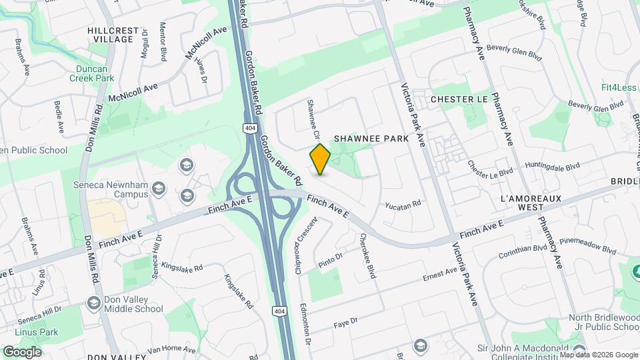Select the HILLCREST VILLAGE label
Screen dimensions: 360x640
click(113, 35)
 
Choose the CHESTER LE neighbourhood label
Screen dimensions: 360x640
click(459, 99)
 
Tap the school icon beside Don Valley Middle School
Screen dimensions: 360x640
click(93, 303)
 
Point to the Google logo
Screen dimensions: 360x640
click(22, 351)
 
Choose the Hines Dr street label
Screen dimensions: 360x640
click(200, 69)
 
